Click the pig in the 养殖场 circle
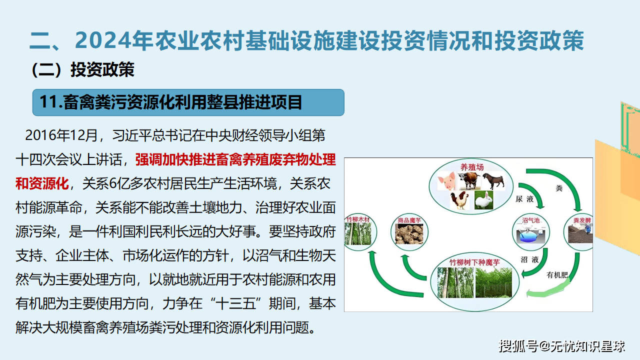(x=446, y=181)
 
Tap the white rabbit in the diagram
(x=483, y=200)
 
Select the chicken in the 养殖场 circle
(x=459, y=200)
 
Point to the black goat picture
(x=494, y=181)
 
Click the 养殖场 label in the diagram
(x=471, y=167)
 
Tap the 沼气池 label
(x=531, y=220)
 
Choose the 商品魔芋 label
(x=409, y=220)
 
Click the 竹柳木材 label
(x=358, y=219)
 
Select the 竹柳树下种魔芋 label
(x=474, y=262)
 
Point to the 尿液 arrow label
(x=524, y=199)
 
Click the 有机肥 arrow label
(x=557, y=275)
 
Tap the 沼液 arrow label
(x=529, y=259)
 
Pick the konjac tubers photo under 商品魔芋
(x=409, y=234)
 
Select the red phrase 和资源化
(x=42, y=183)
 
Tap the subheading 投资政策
(x=102, y=69)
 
